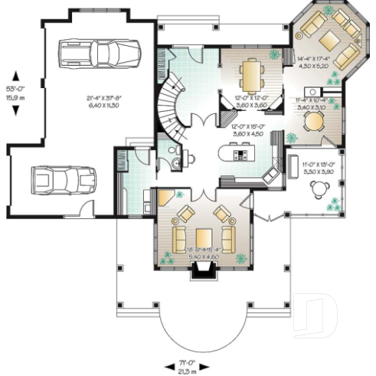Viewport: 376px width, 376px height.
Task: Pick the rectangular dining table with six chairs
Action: tap(252, 74)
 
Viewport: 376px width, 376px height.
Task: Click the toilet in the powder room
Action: tap(175, 163)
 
